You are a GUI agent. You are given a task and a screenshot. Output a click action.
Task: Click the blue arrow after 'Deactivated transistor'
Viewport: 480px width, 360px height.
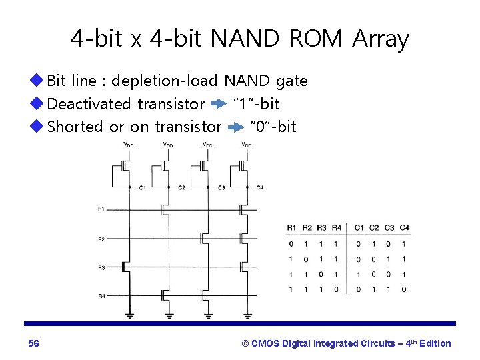[x=219, y=105]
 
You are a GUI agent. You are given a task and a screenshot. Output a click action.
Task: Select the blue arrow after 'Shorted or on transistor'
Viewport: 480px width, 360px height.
[x=235, y=127]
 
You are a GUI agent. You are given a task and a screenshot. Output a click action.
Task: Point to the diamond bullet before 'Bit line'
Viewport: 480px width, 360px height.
[x=37, y=81]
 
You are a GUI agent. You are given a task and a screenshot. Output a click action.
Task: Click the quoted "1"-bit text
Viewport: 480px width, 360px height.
[x=255, y=104]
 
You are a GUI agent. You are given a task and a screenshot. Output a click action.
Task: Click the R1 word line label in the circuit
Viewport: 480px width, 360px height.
[x=101, y=209]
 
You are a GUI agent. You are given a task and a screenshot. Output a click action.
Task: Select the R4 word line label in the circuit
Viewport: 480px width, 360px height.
[x=101, y=296]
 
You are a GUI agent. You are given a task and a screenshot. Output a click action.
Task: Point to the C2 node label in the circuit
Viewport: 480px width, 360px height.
[x=181, y=188]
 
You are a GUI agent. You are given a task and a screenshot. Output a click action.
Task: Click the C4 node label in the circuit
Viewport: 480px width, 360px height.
[x=260, y=188]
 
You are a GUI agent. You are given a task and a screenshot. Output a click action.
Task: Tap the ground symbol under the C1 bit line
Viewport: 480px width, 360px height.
[x=129, y=315]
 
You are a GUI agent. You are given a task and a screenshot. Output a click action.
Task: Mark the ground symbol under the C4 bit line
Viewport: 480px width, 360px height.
[x=247, y=315]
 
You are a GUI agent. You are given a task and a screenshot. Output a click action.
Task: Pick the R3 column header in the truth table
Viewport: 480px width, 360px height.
[x=321, y=227]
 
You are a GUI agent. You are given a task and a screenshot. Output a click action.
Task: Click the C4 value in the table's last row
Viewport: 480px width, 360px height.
[x=404, y=289]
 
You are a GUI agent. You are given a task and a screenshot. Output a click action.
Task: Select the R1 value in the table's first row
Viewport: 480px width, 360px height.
[x=290, y=244]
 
